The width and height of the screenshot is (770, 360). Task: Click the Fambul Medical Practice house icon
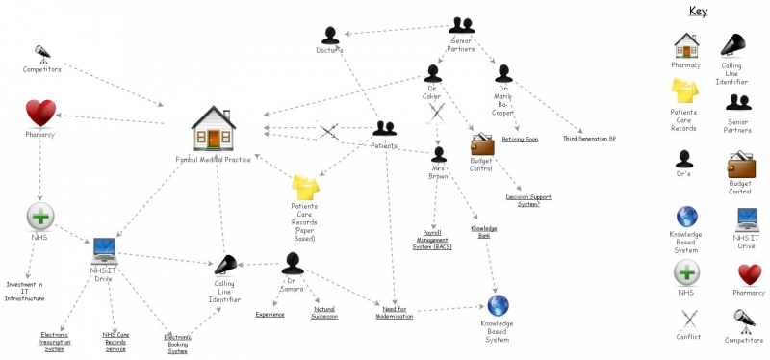pos(213,128)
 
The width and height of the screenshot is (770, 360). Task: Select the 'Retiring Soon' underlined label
pos(520,139)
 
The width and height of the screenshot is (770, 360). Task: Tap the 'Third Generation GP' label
pos(590,139)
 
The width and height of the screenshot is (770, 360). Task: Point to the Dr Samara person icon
pos(293,264)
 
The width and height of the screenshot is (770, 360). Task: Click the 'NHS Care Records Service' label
pos(115,341)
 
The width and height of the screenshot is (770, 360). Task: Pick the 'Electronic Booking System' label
pos(177,344)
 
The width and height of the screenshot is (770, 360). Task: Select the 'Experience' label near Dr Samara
pos(269,314)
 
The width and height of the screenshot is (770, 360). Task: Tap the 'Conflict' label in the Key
pos(688,337)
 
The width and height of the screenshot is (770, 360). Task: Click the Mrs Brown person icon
pos(439,154)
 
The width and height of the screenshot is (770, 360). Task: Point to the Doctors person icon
pos(331,35)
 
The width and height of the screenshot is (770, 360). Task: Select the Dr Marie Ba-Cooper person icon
pos(500,72)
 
